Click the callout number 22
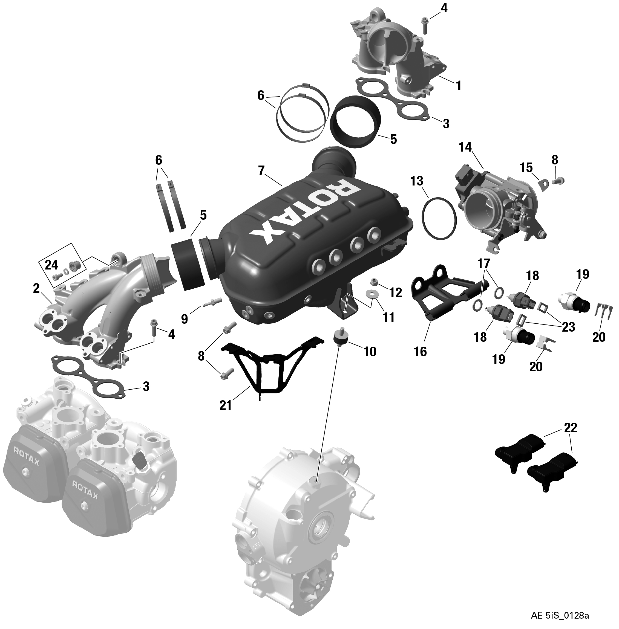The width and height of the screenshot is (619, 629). click(571, 428)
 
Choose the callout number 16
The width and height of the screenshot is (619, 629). click(421, 352)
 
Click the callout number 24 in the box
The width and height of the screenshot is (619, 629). click(52, 265)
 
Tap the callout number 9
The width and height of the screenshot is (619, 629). click(185, 319)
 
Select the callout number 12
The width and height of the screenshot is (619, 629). click(396, 293)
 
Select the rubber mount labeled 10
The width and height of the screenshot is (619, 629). click(341, 340)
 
